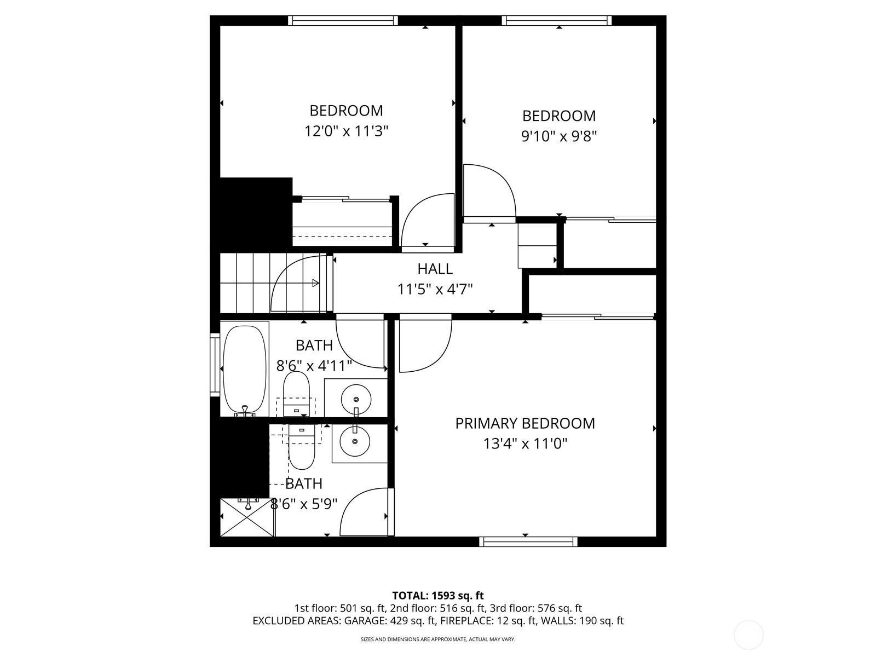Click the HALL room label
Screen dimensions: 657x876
[435, 269]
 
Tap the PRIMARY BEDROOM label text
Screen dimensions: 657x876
[525, 423]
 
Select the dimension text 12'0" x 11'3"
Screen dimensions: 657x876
[346, 131]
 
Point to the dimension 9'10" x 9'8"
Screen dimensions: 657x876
[558, 136]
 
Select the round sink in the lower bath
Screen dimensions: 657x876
[354, 441]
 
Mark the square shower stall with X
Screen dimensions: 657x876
[247, 517]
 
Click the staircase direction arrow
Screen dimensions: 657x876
[315, 283]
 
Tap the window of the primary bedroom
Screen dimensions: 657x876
[528, 541]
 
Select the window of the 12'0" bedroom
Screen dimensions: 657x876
[343, 21]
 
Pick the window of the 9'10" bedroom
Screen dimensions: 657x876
[557, 21]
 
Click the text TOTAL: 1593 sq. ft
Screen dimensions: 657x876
[438, 595]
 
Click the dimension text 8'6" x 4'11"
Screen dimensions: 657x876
[314, 366]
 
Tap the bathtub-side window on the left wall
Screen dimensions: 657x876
[214, 364]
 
